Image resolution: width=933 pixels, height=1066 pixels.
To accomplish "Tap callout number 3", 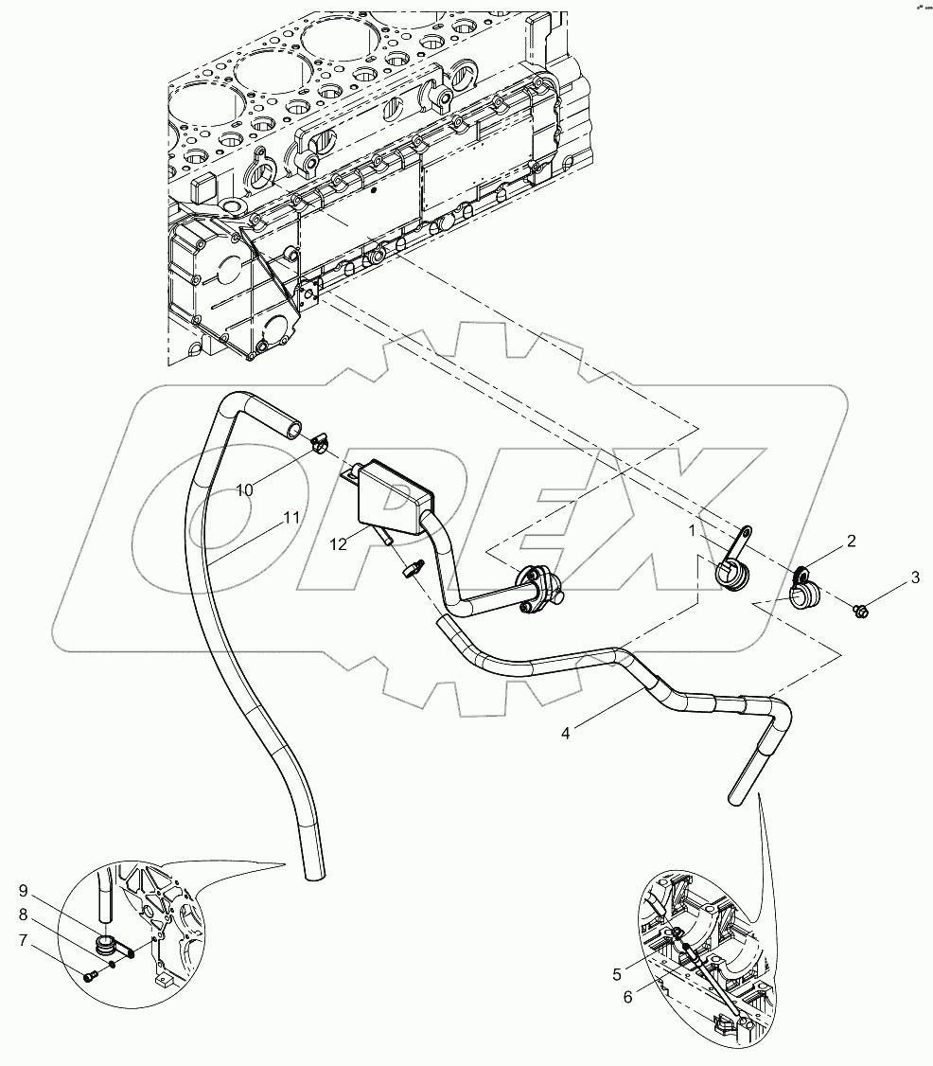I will tap(914, 577).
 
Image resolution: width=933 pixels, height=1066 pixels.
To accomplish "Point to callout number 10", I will tap(245, 489).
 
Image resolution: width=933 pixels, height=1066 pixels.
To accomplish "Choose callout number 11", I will tap(291, 518).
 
